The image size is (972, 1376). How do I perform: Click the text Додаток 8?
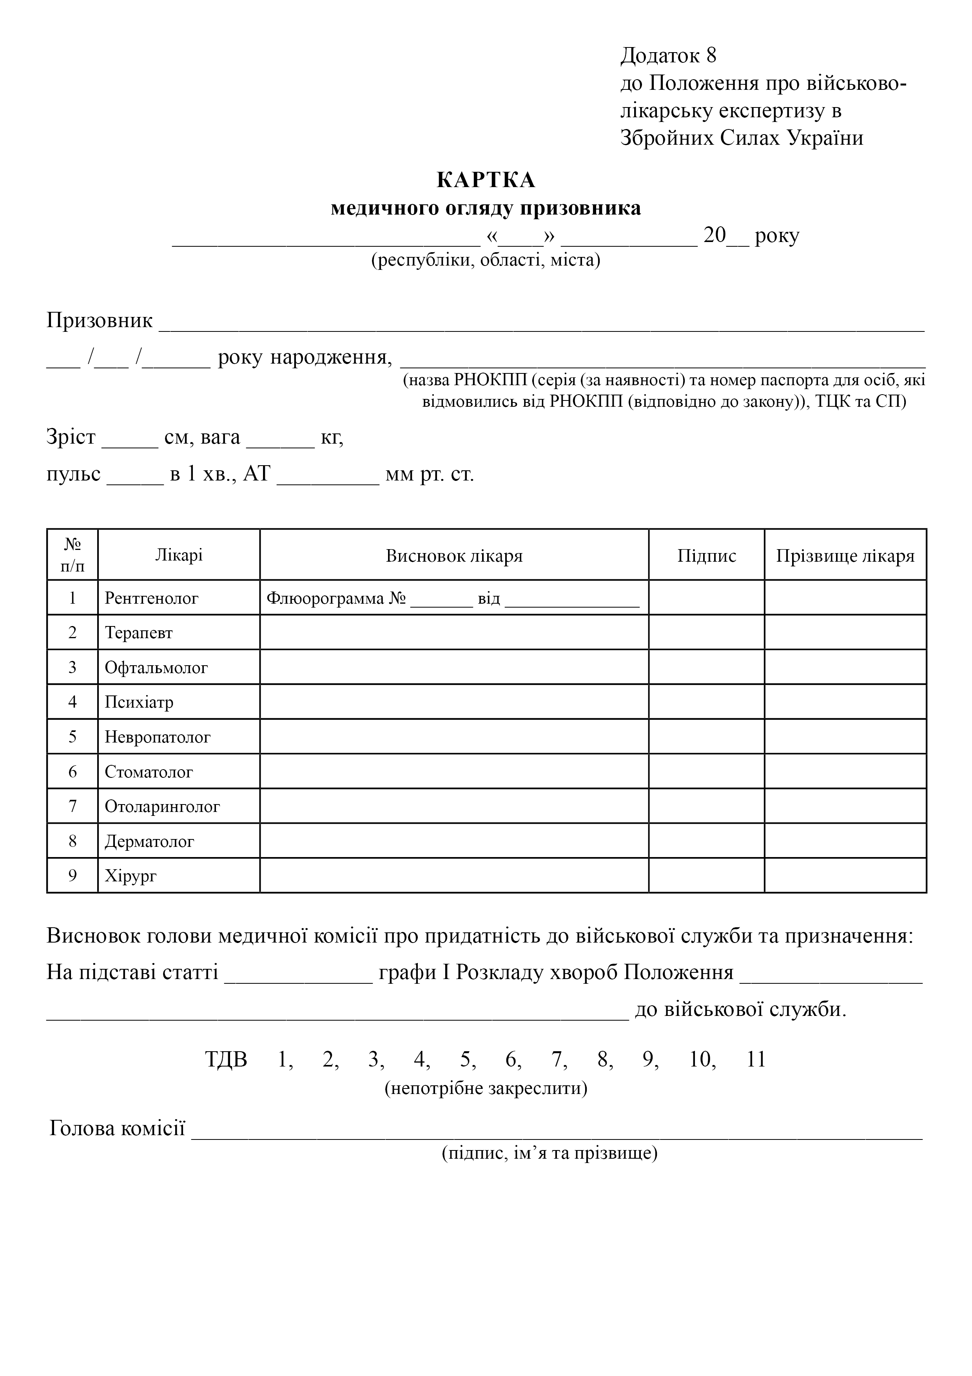tap(668, 55)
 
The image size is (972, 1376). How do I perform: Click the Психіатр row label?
tap(139, 703)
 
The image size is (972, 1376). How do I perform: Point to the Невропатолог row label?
tap(158, 737)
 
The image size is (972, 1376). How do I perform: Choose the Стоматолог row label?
tap(149, 772)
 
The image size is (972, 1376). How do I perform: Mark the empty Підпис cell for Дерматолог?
tap(707, 841)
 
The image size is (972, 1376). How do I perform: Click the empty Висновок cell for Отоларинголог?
tap(454, 807)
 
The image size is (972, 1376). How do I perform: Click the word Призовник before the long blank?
tap(100, 320)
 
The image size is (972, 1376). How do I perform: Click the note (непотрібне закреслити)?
tap(486, 1088)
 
